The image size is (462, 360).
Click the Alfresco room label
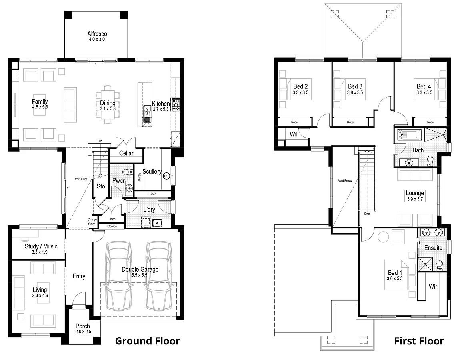[x=97, y=34]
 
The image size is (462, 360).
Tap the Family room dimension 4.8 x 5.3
[x=40, y=107]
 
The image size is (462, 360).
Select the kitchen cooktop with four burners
[x=176, y=105]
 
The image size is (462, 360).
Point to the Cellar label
[x=126, y=153]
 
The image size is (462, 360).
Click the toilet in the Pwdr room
[x=128, y=171]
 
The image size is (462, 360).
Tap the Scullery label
[x=152, y=172]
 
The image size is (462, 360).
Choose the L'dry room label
[x=149, y=210]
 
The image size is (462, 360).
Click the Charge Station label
[x=92, y=222]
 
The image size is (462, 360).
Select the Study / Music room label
[x=41, y=246]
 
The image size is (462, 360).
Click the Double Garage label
[x=140, y=269]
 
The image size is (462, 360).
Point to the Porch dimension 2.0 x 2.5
[x=83, y=332]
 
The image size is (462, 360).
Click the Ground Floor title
[x=147, y=341]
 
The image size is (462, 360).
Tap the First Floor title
[x=419, y=341]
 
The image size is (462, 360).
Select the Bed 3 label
[x=355, y=86]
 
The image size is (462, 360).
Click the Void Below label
[x=345, y=180]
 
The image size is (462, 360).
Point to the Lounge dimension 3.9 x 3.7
[x=415, y=199]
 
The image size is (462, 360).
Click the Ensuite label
[x=433, y=248]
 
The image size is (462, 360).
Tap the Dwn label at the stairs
[x=367, y=214]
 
